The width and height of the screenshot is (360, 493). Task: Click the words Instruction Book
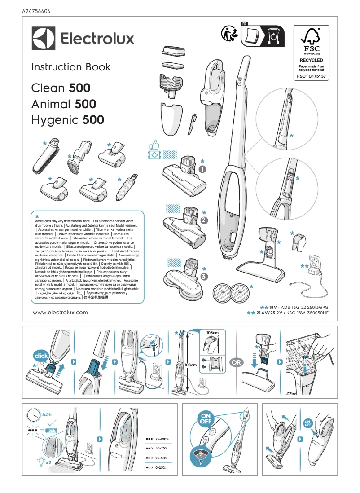pyautogui.click(x=70, y=67)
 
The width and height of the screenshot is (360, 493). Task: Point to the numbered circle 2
pyautogui.click(x=203, y=220)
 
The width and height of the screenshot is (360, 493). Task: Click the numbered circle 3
pyautogui.click(x=204, y=276)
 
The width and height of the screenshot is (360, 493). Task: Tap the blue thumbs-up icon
pyautogui.click(x=154, y=144)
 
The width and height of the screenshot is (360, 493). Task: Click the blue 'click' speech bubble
pyautogui.click(x=40, y=356)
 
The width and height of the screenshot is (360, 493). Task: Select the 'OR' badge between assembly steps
pyautogui.click(x=233, y=361)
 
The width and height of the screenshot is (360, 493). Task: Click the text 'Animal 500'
pyautogui.click(x=63, y=104)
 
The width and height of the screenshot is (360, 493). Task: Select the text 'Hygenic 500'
pyautogui.click(x=67, y=120)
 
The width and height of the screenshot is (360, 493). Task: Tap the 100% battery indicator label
pyautogui.click(x=50, y=430)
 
